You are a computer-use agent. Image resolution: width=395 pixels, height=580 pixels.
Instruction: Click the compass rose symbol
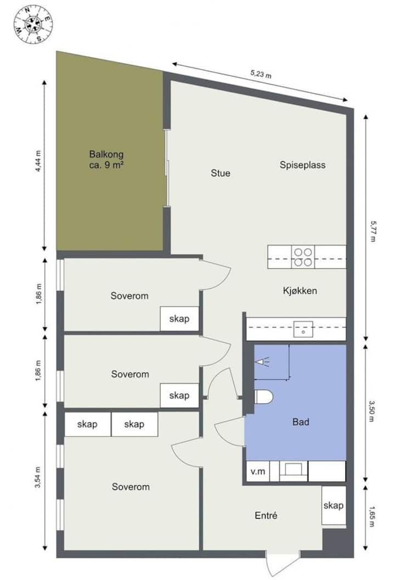tap(33, 24)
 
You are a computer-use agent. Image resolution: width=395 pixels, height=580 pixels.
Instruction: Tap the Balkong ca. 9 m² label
tap(106, 160)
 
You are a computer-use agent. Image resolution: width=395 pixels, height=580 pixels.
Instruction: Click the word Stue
tap(221, 173)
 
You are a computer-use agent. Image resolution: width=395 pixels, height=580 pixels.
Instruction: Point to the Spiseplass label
tap(302, 165)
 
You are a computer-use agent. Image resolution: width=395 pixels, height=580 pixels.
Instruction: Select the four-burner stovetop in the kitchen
tap(303, 257)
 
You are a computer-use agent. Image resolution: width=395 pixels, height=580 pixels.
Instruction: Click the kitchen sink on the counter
tap(303, 329)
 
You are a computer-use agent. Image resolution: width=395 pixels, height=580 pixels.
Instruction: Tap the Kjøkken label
tap(300, 291)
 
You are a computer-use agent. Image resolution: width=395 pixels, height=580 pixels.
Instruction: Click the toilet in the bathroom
tap(264, 397)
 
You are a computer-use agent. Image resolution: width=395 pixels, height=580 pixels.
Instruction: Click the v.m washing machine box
tap(258, 471)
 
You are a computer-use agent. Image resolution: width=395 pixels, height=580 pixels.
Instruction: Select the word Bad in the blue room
tap(301, 422)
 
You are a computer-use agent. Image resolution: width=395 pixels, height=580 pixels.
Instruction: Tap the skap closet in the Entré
tap(334, 505)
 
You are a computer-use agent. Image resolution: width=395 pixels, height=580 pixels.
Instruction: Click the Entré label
tap(266, 515)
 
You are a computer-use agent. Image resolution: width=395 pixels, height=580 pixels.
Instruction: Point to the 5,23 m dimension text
tap(261, 74)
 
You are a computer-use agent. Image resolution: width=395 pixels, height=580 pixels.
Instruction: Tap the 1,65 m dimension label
tap(372, 516)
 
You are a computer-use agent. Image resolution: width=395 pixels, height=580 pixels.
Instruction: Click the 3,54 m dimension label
tap(38, 477)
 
